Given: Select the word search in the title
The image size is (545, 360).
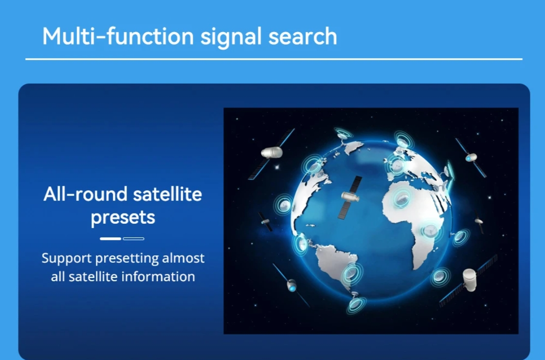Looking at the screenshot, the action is pos(303,36).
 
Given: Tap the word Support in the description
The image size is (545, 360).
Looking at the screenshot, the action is pos(67,259).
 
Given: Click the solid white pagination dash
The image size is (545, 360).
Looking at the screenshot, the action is pos(110,239).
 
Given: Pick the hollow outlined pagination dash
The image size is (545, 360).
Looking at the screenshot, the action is pos(133,239).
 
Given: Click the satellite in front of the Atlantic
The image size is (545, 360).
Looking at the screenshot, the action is pos(350,198).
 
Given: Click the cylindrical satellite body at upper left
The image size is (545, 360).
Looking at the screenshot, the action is pos(272,152).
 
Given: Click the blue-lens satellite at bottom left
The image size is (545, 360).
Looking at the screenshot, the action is pos(291,285).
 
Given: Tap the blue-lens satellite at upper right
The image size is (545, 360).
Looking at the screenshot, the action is pos(471,158).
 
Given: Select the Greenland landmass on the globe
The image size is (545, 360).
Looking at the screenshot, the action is pos(353,147).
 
